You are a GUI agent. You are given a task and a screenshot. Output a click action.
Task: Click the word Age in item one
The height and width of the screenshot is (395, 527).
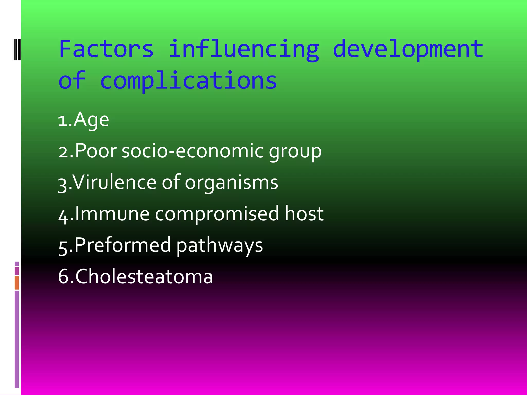click(91, 120)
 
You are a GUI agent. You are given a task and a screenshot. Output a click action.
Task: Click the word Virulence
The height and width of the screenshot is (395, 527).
click(114, 182)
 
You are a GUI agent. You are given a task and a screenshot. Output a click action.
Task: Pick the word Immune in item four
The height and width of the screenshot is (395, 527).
click(112, 214)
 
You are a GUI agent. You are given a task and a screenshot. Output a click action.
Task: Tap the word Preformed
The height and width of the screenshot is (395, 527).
click(122, 245)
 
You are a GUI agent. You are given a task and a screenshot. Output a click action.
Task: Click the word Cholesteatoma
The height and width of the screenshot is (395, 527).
click(144, 276)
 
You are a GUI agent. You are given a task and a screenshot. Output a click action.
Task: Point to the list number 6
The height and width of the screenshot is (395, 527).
click(63, 276)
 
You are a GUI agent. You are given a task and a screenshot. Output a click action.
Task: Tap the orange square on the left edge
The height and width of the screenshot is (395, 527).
click(17, 283)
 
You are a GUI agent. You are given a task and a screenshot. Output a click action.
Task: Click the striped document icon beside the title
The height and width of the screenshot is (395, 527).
click(17, 49)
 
